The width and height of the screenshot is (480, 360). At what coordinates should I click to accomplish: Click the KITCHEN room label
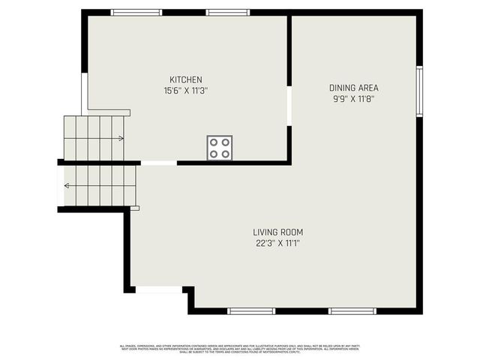185,79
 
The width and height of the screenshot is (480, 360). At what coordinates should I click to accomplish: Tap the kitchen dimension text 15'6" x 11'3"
185,91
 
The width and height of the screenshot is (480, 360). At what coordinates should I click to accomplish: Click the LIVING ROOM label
277,232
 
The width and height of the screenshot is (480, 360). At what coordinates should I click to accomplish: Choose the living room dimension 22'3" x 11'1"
277,243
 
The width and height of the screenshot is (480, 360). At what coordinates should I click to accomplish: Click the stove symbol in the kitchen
220,147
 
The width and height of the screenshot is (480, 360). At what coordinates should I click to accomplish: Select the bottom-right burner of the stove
225,153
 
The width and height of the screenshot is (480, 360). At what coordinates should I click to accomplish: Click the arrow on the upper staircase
120,138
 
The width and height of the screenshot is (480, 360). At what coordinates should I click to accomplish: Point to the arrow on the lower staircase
67,185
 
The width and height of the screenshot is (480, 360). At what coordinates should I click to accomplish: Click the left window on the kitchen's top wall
136,12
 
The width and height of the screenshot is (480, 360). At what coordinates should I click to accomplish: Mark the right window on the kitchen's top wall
228,12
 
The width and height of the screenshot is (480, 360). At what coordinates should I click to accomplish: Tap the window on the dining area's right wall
419,91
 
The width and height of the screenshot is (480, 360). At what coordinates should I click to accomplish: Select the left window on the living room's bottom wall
251,310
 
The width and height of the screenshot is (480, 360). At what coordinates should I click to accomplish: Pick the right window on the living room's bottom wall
352,310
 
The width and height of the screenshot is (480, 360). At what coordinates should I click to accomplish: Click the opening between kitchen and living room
159,163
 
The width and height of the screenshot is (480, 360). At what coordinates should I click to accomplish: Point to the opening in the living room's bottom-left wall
158,289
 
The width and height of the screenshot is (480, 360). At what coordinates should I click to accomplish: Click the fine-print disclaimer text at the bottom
240,348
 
